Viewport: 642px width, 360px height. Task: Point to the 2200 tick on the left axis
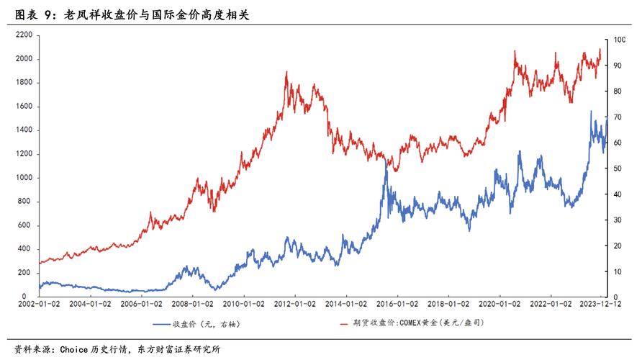[24, 35]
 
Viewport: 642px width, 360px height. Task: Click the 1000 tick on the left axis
[24, 178]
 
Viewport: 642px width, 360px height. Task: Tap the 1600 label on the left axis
[24, 107]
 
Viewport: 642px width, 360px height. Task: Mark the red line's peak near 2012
[286, 72]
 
